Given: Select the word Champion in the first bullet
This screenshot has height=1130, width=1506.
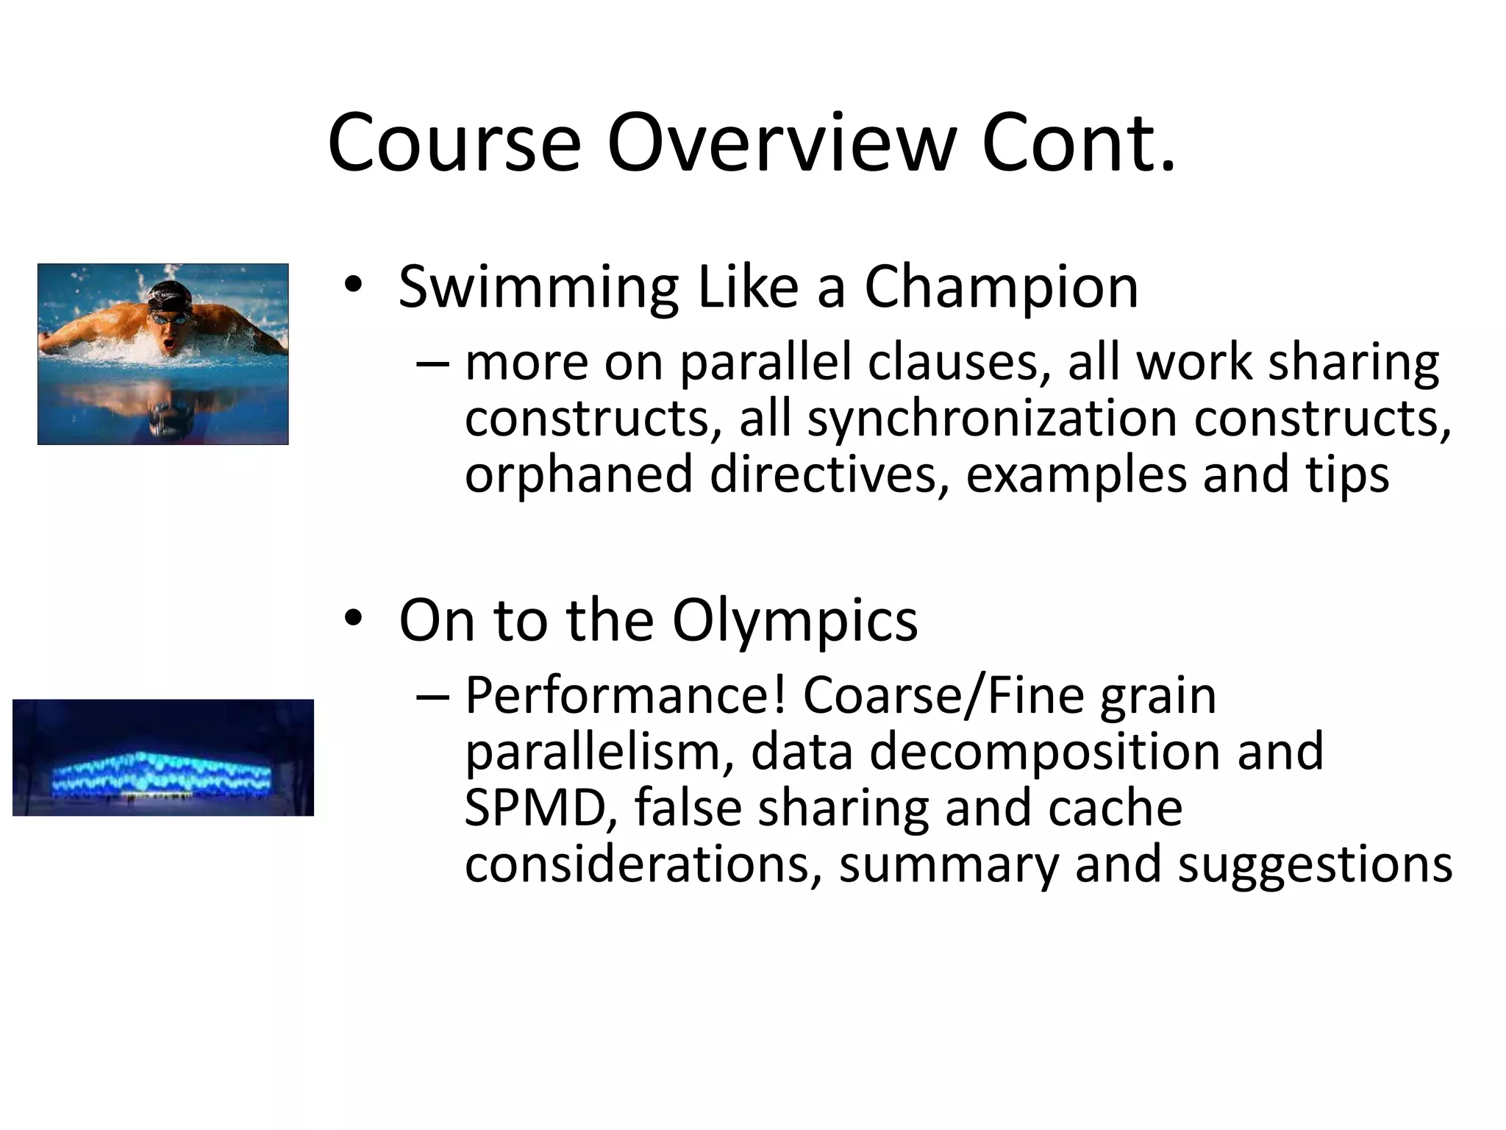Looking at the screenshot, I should pos(1001,287).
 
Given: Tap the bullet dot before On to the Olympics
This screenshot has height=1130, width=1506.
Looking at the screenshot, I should pos(354,619).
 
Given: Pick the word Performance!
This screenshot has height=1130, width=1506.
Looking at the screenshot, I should pos(625,695).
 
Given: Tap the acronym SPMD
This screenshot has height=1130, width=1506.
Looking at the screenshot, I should pos(540,808).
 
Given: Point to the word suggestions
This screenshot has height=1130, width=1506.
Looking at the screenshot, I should pos(1315,864).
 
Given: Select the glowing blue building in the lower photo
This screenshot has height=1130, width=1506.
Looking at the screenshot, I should pos(163,775).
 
